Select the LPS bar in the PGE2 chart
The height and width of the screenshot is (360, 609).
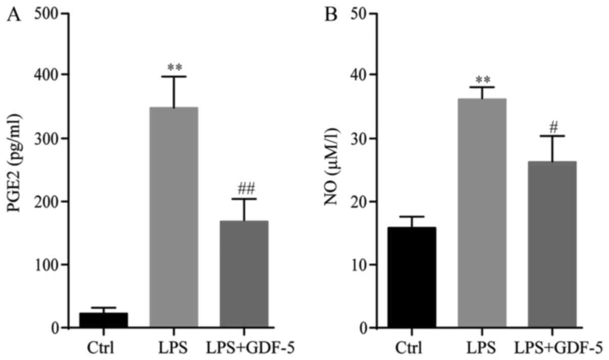[174, 217]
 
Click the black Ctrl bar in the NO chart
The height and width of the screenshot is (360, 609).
[412, 278]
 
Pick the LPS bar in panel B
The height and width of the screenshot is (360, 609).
[482, 213]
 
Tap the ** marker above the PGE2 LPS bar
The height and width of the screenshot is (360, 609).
[174, 67]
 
